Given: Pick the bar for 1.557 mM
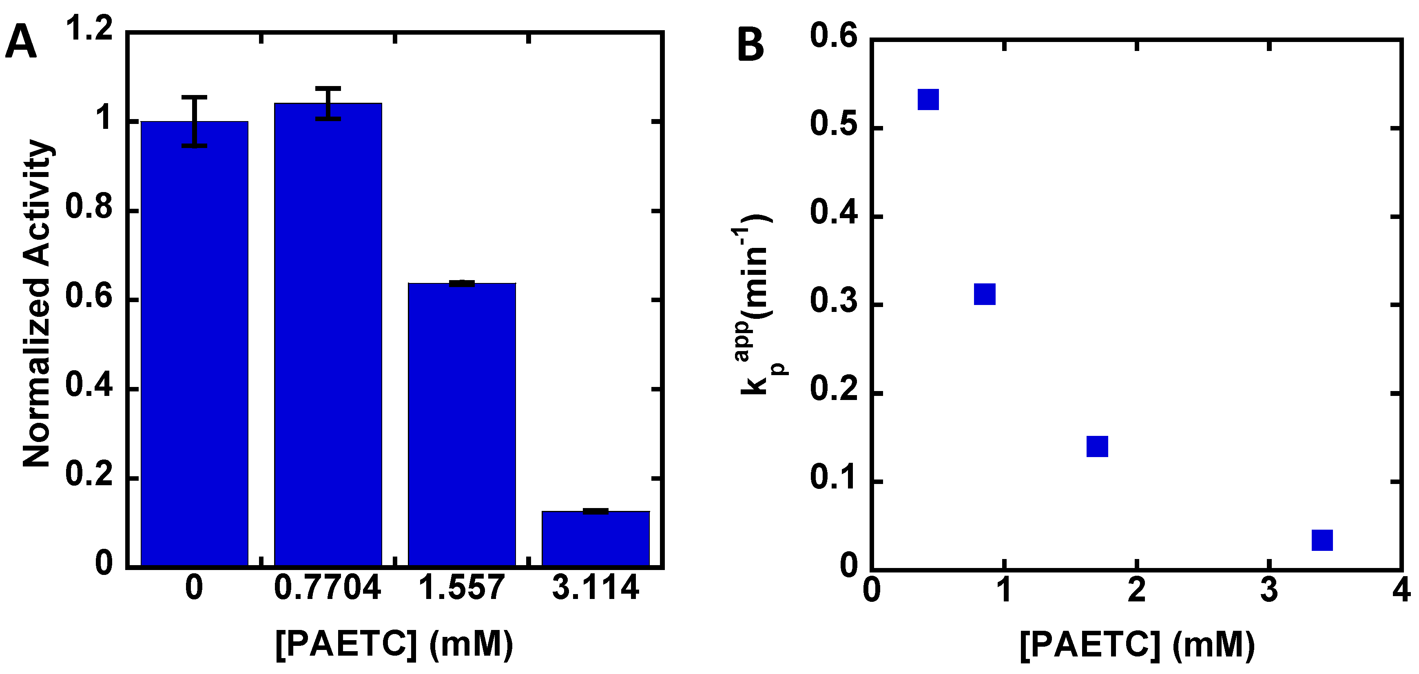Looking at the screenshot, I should click(462, 424).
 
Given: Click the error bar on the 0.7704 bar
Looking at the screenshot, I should click(329, 103).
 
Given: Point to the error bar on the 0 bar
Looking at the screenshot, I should click(195, 121).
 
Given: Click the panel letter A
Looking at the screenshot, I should click(21, 44).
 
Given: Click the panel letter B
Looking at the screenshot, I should click(750, 45).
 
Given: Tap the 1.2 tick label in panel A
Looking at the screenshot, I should click(89, 28).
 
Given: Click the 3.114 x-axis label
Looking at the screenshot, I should click(595, 588).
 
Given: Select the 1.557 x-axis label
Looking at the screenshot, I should click(462, 588).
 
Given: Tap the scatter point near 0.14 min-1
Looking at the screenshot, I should click(1097, 446).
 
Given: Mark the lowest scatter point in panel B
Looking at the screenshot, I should click(1322, 540).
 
